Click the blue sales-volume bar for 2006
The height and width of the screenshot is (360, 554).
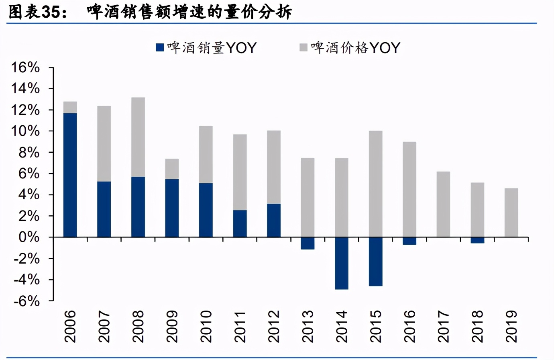click(70, 175)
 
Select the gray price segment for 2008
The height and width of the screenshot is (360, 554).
click(138, 137)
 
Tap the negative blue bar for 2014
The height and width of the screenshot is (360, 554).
click(341, 263)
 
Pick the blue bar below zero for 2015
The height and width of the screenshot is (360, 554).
click(375, 262)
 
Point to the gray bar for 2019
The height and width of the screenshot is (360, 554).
click(511, 213)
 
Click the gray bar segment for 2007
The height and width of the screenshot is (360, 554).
click(104, 144)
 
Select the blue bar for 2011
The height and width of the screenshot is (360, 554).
click(240, 223)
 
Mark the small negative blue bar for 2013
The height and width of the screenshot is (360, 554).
click(308, 243)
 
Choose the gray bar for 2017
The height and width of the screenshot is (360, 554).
click(443, 204)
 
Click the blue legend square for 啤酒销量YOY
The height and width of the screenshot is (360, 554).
click(160, 48)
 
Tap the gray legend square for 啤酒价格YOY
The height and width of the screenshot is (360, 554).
click(303, 48)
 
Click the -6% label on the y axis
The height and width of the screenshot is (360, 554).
click(26, 301)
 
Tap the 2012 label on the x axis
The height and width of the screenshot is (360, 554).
click(274, 326)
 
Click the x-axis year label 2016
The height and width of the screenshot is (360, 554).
click(409, 326)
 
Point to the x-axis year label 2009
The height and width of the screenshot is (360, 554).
click(172, 326)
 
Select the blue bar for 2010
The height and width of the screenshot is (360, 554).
click(206, 210)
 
